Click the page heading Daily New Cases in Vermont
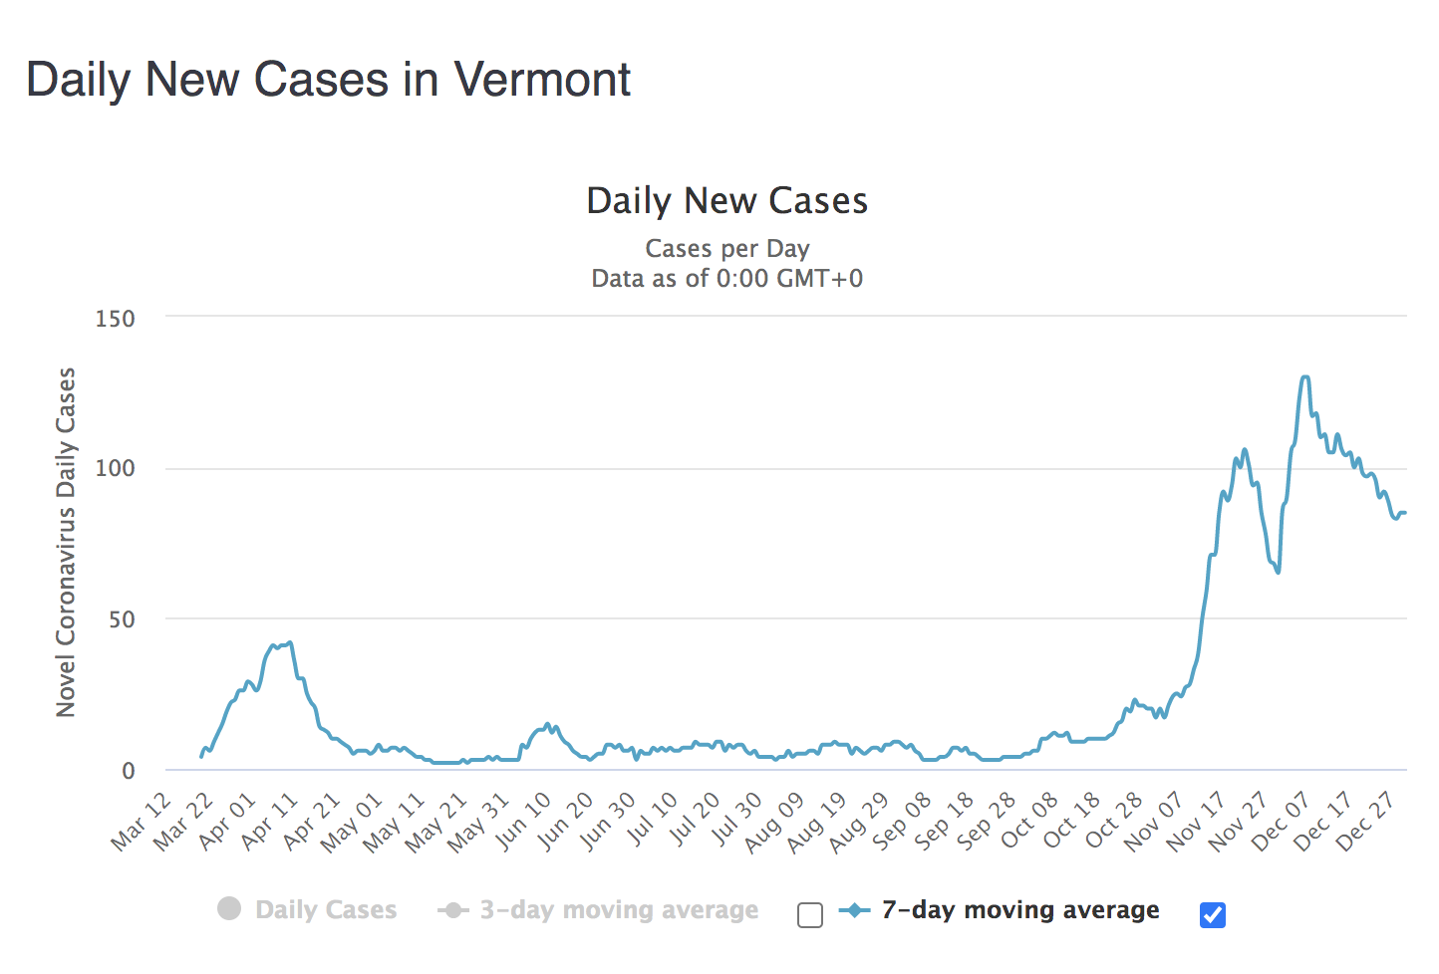click(x=328, y=80)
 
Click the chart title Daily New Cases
click(x=726, y=201)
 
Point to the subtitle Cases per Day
click(x=726, y=248)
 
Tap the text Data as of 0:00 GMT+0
click(x=726, y=278)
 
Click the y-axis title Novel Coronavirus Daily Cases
click(x=66, y=543)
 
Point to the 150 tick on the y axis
click(x=115, y=319)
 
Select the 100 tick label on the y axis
click(x=115, y=468)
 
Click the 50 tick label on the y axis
click(x=122, y=619)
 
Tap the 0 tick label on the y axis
click(x=128, y=771)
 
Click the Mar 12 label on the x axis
click(x=141, y=823)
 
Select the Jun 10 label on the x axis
click(x=522, y=823)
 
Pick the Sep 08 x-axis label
click(x=902, y=823)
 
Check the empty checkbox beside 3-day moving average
click(x=810, y=914)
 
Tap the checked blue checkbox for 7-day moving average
click(x=1213, y=914)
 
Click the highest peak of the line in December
click(x=1305, y=377)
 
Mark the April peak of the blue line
click(x=289, y=643)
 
